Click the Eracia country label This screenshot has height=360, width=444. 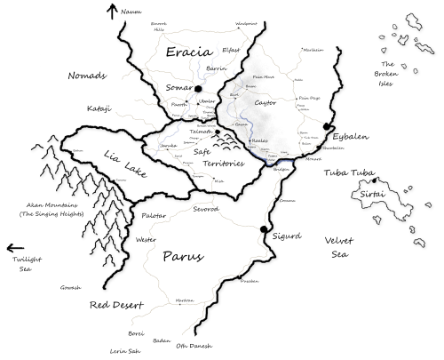click(x=189, y=52)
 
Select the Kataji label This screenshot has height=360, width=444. click(x=100, y=109)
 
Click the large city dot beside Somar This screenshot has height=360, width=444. click(x=200, y=90)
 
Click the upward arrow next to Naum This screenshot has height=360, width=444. click(x=112, y=12)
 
